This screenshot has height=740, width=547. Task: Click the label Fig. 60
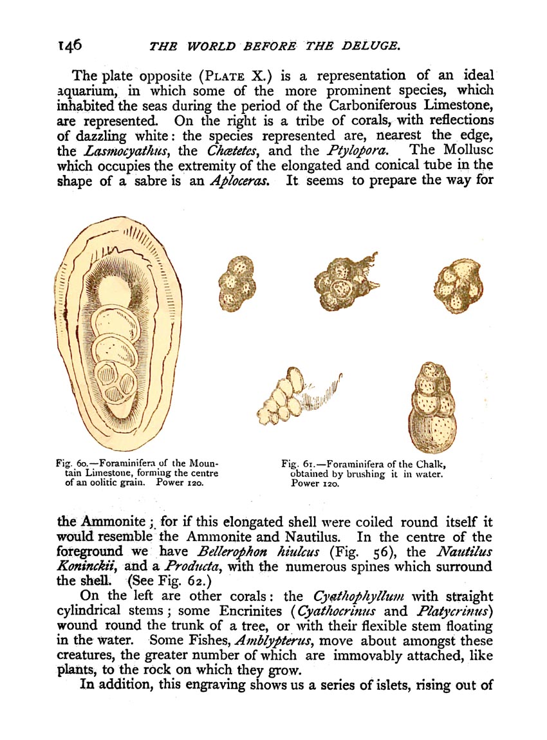pos(71,463)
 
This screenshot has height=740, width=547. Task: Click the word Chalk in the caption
pos(429,463)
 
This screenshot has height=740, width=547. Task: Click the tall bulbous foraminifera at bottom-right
pos(432,405)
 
